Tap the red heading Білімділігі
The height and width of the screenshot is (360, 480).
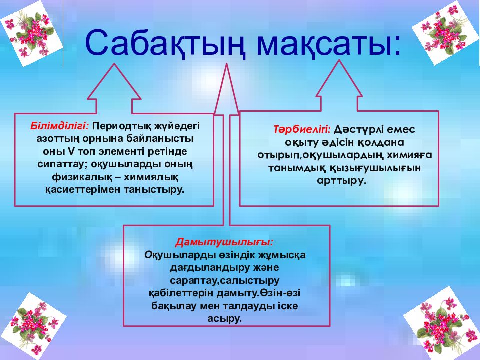(59, 126)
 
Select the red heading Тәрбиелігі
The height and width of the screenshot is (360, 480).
(302, 130)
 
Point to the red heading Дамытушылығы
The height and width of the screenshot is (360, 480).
(224, 242)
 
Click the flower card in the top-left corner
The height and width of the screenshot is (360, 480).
(31, 33)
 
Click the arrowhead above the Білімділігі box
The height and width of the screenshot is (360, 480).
(114, 82)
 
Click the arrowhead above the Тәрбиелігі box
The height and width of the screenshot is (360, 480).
(339, 79)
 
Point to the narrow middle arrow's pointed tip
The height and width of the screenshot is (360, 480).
(227, 64)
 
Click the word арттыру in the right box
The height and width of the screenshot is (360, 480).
(341, 181)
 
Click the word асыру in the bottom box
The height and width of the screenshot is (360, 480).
(225, 319)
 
